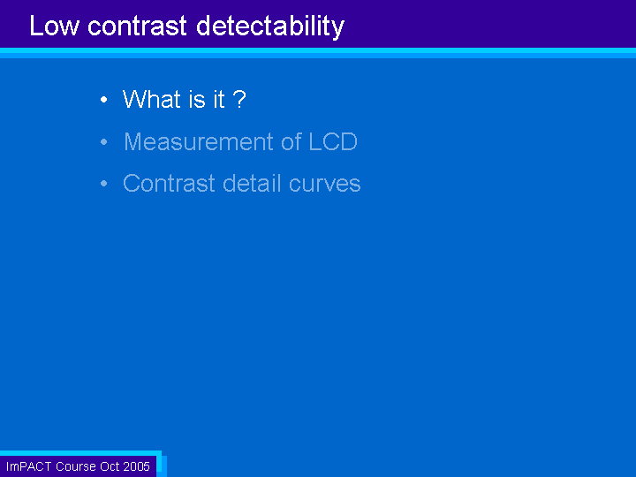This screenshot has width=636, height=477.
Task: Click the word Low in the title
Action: pyautogui.click(x=54, y=26)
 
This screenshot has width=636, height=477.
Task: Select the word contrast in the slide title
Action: pyautogui.click(x=138, y=26)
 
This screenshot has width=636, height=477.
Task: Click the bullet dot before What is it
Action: pyautogui.click(x=104, y=99)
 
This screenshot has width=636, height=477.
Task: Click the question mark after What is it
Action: pyautogui.click(x=239, y=99)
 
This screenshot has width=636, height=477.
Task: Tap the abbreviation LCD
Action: pyautogui.click(x=333, y=141)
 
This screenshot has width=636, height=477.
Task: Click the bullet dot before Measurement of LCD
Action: pyautogui.click(x=104, y=141)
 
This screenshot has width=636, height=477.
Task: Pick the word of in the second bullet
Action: pyautogui.click(x=291, y=141)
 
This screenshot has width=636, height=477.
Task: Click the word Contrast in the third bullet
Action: pyautogui.click(x=169, y=184)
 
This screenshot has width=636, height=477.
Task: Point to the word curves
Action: pyautogui.click(x=324, y=185)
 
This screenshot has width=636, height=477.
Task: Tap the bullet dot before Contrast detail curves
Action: pyautogui.click(x=104, y=184)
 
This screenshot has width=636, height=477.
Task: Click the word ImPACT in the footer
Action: pyautogui.click(x=29, y=466)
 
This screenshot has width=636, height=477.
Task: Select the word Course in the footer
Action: pyautogui.click(x=76, y=466)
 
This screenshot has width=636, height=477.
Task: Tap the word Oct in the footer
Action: pyautogui.click(x=110, y=466)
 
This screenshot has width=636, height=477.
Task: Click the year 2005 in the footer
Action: pyautogui.click(x=136, y=466)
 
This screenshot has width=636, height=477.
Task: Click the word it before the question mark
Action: pyautogui.click(x=219, y=99)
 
